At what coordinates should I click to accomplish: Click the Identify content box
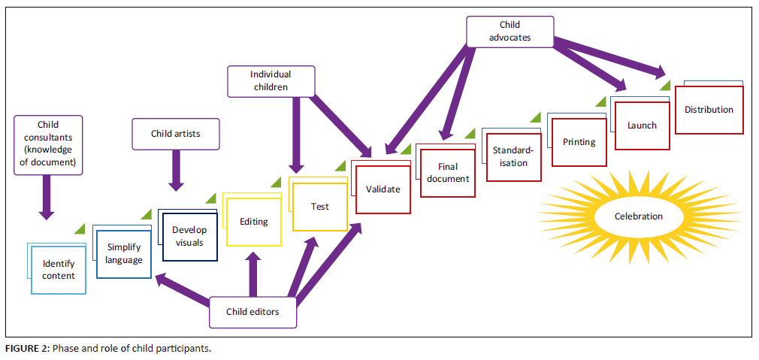pyautogui.click(x=59, y=271)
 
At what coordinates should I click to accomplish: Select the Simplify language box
pyautogui.click(x=124, y=253)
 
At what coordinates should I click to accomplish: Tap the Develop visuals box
pyautogui.click(x=189, y=236)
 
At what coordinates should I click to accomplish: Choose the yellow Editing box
pyautogui.click(x=254, y=222)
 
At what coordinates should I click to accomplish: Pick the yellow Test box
pyautogui.click(x=319, y=206)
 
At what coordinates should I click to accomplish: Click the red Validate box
pyautogui.click(x=383, y=189)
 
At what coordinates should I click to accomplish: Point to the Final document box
pyautogui.click(x=448, y=174)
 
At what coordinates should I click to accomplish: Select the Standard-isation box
pyautogui.click(x=513, y=157)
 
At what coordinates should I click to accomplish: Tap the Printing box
pyautogui.click(x=579, y=141)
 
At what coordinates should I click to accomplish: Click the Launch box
pyautogui.click(x=642, y=126)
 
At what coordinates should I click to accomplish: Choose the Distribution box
pyautogui.click(x=709, y=110)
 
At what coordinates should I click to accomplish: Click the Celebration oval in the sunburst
pyautogui.click(x=639, y=216)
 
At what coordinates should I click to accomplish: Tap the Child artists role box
pyautogui.click(x=175, y=135)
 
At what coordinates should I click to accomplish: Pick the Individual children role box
pyautogui.click(x=271, y=80)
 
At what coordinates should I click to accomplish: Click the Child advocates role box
pyautogui.click(x=510, y=31)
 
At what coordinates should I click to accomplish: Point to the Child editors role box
pyautogui.click(x=252, y=312)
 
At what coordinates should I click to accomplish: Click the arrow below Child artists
pyautogui.click(x=176, y=169)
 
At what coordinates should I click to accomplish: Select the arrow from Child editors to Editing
pyautogui.click(x=252, y=274)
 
